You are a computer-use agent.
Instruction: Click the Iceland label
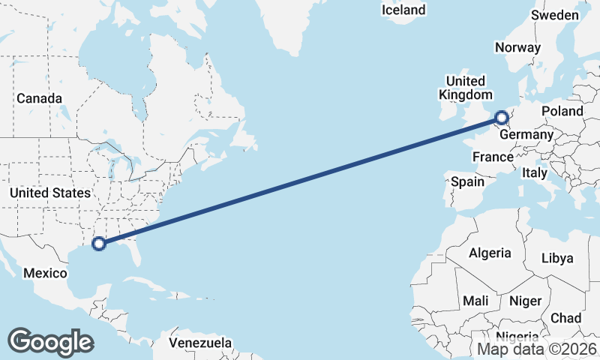403,10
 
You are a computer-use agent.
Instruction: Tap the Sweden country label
554,15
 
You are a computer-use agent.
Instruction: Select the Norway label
517,47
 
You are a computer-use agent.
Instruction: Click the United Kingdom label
466,88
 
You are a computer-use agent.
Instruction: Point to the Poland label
562,111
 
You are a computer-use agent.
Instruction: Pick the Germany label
526,135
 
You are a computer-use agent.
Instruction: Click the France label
493,157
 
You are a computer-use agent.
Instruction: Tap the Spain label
467,181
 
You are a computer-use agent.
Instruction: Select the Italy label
535,172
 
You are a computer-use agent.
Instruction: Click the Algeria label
490,253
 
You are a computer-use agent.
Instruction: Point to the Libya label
557,258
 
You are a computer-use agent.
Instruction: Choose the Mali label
475,301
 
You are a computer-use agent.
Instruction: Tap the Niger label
525,301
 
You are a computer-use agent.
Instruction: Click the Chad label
565,318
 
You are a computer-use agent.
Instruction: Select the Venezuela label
199,343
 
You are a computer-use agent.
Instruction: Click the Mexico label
45,273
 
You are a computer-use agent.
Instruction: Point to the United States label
49,193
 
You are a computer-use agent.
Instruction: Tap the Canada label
39,98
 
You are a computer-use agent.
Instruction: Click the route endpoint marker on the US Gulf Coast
97,242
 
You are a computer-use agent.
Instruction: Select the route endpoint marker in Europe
502,118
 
